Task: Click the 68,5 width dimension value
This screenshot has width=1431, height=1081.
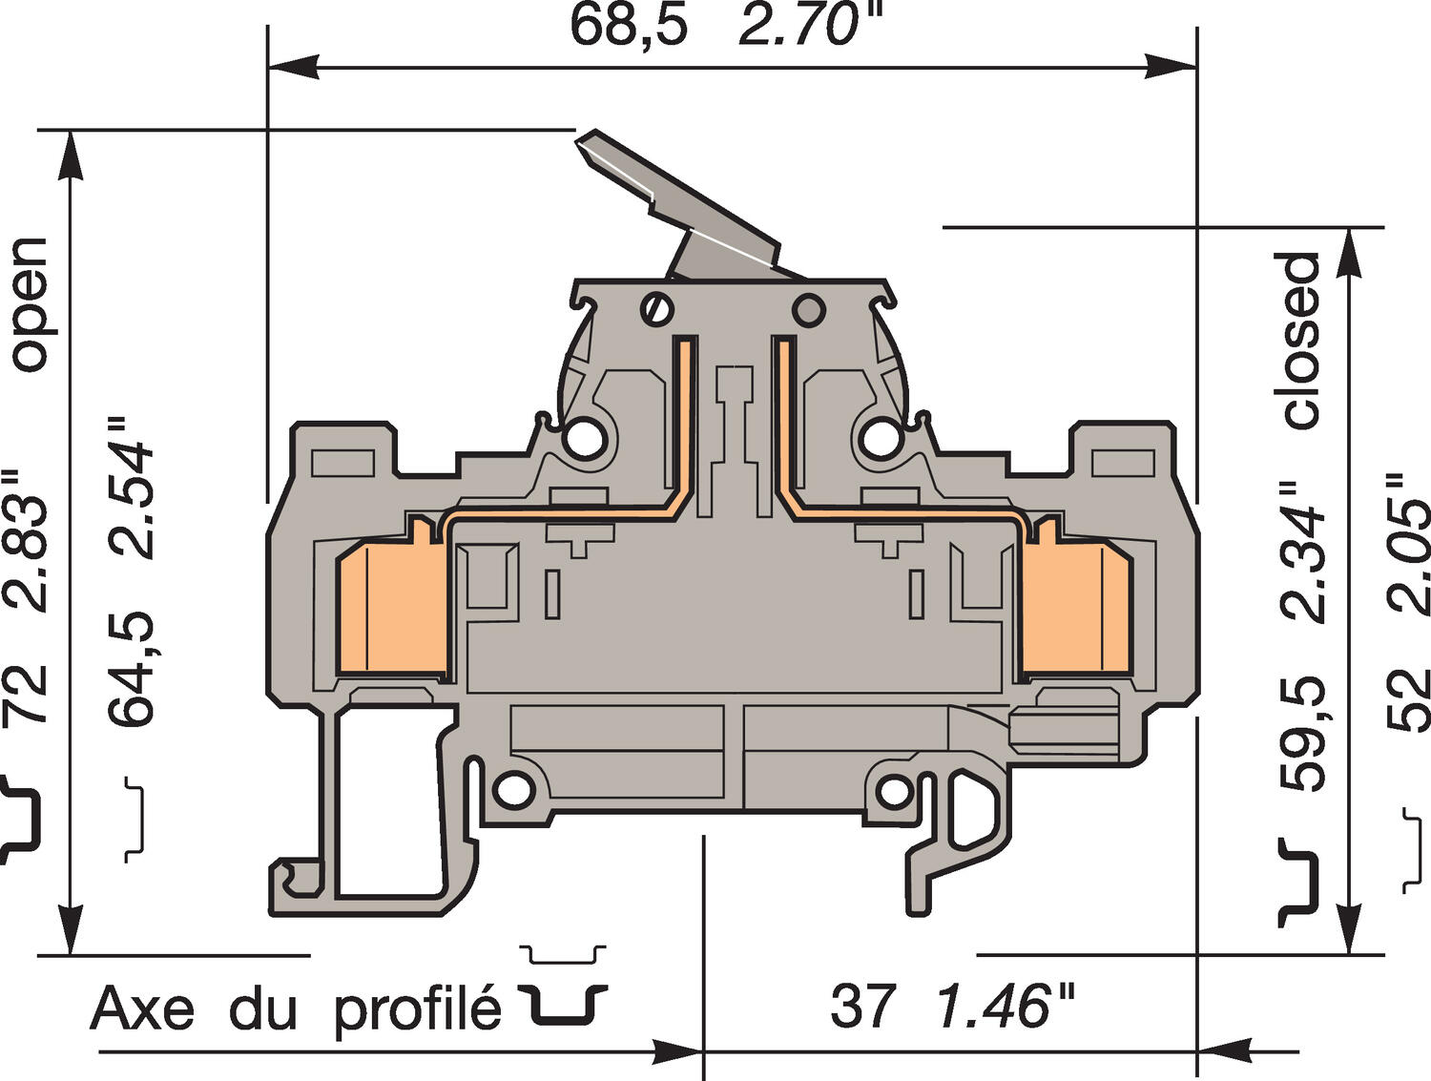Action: click(x=628, y=26)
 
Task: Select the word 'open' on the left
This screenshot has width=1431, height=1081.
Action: click(x=29, y=303)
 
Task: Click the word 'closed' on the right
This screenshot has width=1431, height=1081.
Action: click(x=1299, y=341)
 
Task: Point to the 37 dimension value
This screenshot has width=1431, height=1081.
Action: click(x=862, y=1006)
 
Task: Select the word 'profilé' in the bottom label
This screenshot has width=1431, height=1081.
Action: click(x=417, y=1008)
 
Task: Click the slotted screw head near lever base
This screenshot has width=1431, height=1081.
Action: click(x=656, y=309)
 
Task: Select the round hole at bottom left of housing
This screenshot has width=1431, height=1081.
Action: click(x=513, y=788)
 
